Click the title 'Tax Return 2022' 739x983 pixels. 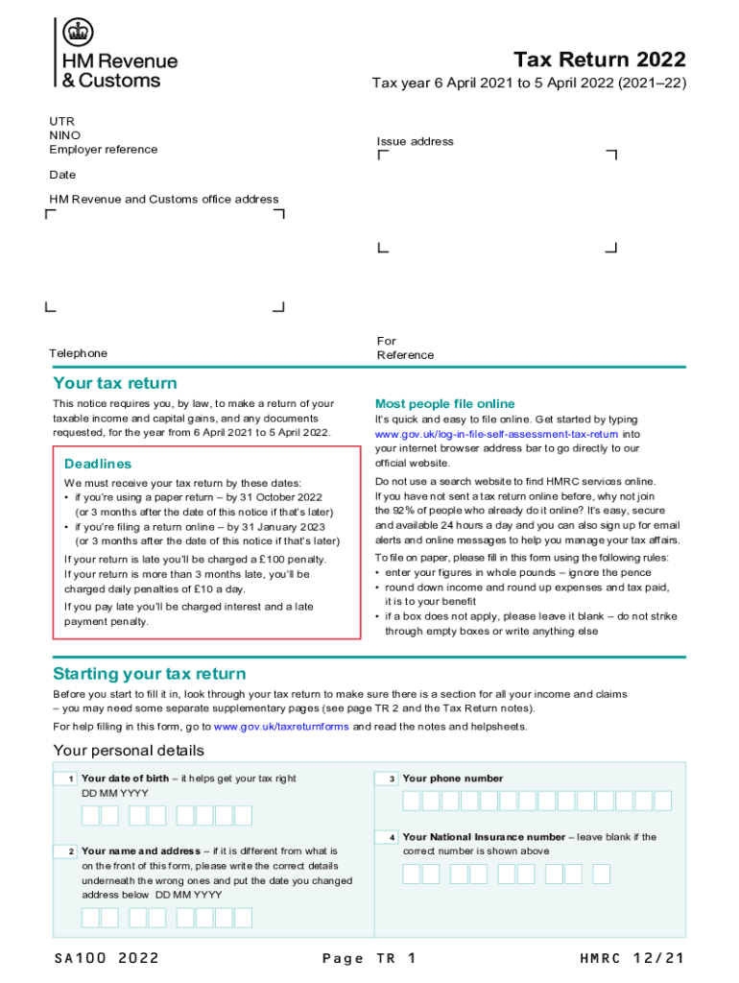(600, 60)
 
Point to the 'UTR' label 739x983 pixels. (60, 121)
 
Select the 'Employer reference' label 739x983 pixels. (104, 150)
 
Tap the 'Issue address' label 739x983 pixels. (415, 141)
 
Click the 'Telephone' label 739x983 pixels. (79, 353)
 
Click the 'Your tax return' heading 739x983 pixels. (114, 383)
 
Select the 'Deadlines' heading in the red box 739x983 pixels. (98, 464)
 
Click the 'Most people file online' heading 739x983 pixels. (444, 404)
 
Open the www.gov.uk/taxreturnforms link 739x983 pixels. (281, 727)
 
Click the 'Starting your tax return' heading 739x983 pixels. (149, 673)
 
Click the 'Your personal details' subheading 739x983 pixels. (128, 750)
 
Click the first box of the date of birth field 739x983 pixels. (90, 816)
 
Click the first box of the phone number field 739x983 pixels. (411, 801)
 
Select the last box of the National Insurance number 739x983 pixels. (601, 874)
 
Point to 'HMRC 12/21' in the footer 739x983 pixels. (632, 958)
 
